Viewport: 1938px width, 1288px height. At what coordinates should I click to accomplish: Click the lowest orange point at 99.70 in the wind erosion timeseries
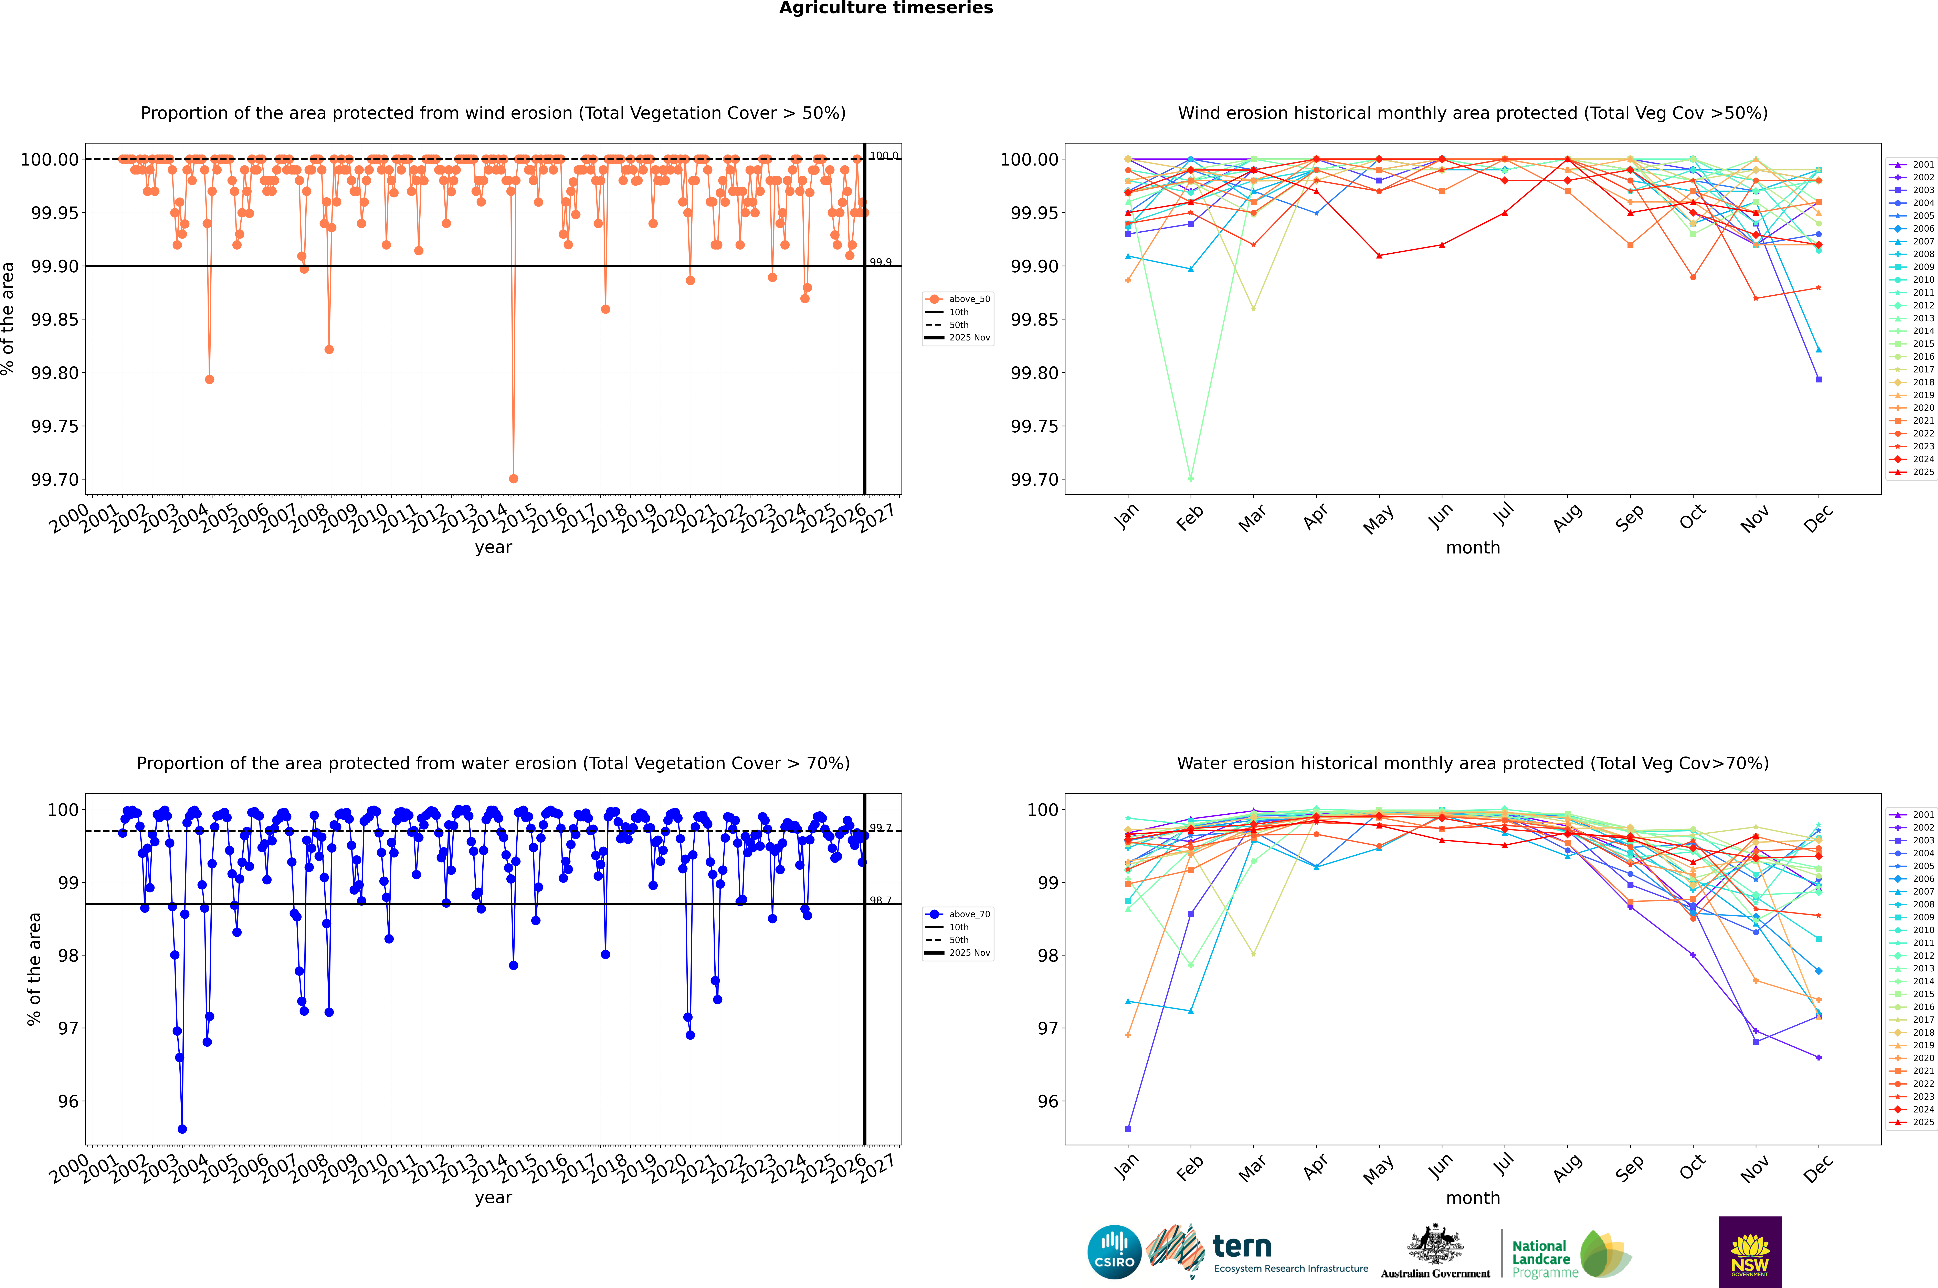click(514, 479)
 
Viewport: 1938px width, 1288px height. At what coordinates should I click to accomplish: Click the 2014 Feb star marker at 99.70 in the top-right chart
click(1190, 479)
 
